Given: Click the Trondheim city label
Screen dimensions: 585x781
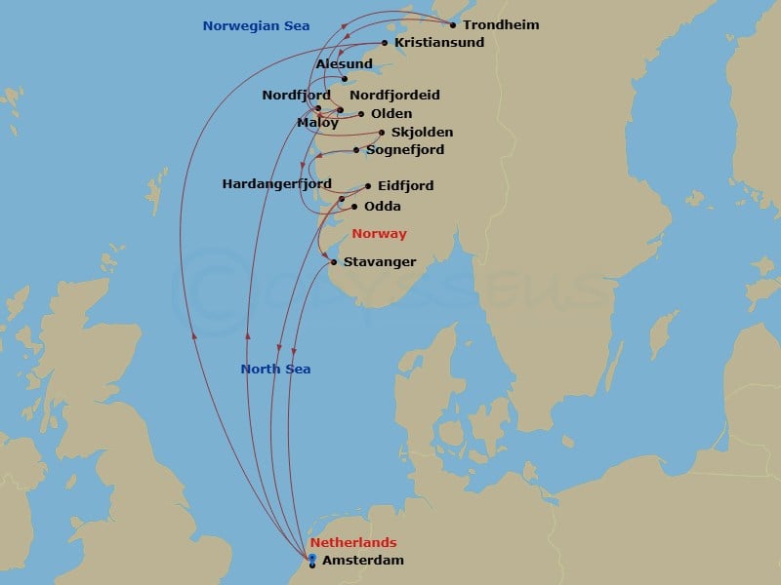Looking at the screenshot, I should (x=501, y=25).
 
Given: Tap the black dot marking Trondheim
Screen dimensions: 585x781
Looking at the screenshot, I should (x=453, y=25).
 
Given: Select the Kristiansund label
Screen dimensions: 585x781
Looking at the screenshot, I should (x=439, y=43).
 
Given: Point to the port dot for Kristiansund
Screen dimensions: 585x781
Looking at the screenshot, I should (x=385, y=43).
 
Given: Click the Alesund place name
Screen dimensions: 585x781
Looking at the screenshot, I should (x=345, y=64).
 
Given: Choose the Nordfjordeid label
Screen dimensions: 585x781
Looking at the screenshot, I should (x=394, y=96).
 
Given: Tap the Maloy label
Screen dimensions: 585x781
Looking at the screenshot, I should (x=317, y=123).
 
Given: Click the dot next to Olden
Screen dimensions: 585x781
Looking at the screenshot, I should (x=361, y=114).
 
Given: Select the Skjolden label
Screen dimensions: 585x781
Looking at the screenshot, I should (x=422, y=133).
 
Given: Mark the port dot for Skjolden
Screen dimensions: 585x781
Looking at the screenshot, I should (x=382, y=133).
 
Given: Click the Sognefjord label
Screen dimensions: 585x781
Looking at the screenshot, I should (x=405, y=150).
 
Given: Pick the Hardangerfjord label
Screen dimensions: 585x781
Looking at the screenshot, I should (x=277, y=184).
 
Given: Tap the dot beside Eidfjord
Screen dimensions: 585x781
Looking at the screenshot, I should (x=368, y=186).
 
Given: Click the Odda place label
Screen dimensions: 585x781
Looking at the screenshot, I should (x=382, y=207).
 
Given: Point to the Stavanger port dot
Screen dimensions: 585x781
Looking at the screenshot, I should (x=334, y=262).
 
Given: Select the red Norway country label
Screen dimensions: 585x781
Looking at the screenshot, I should (x=379, y=234).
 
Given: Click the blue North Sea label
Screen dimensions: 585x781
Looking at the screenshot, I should (x=275, y=370).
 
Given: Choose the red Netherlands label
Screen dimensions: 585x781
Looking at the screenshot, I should (x=353, y=543).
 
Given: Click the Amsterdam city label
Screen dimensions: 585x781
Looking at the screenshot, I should (x=362, y=561).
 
